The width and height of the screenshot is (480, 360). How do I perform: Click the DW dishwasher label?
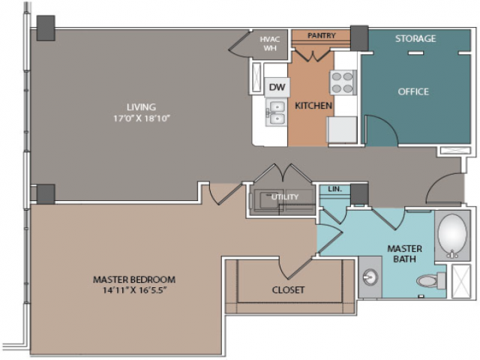[x=277, y=87]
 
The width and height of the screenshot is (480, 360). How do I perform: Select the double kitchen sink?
[x=277, y=112]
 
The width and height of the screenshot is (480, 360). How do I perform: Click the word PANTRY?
[x=322, y=35]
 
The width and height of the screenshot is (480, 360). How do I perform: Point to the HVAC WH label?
[x=270, y=43]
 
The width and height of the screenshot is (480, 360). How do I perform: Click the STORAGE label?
[x=415, y=38]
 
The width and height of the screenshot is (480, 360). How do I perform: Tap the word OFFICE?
[x=413, y=91]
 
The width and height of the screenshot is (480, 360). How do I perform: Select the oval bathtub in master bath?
[x=452, y=235]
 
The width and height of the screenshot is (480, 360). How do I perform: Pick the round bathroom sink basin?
[x=370, y=277]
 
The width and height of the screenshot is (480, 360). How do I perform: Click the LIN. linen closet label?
[x=335, y=189]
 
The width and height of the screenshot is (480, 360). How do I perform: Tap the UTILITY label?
[x=285, y=197]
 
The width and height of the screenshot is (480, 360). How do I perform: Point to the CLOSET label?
[x=288, y=290]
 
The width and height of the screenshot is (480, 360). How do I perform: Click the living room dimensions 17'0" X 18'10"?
[x=142, y=118]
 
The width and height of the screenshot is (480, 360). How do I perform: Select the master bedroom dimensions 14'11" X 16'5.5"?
[x=134, y=290]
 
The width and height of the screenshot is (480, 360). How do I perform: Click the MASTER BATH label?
[x=404, y=253]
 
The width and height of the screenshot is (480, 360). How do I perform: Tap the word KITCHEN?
[x=313, y=106]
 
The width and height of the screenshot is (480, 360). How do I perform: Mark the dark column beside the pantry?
[x=359, y=38]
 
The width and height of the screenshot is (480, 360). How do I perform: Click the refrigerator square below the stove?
[x=342, y=130]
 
